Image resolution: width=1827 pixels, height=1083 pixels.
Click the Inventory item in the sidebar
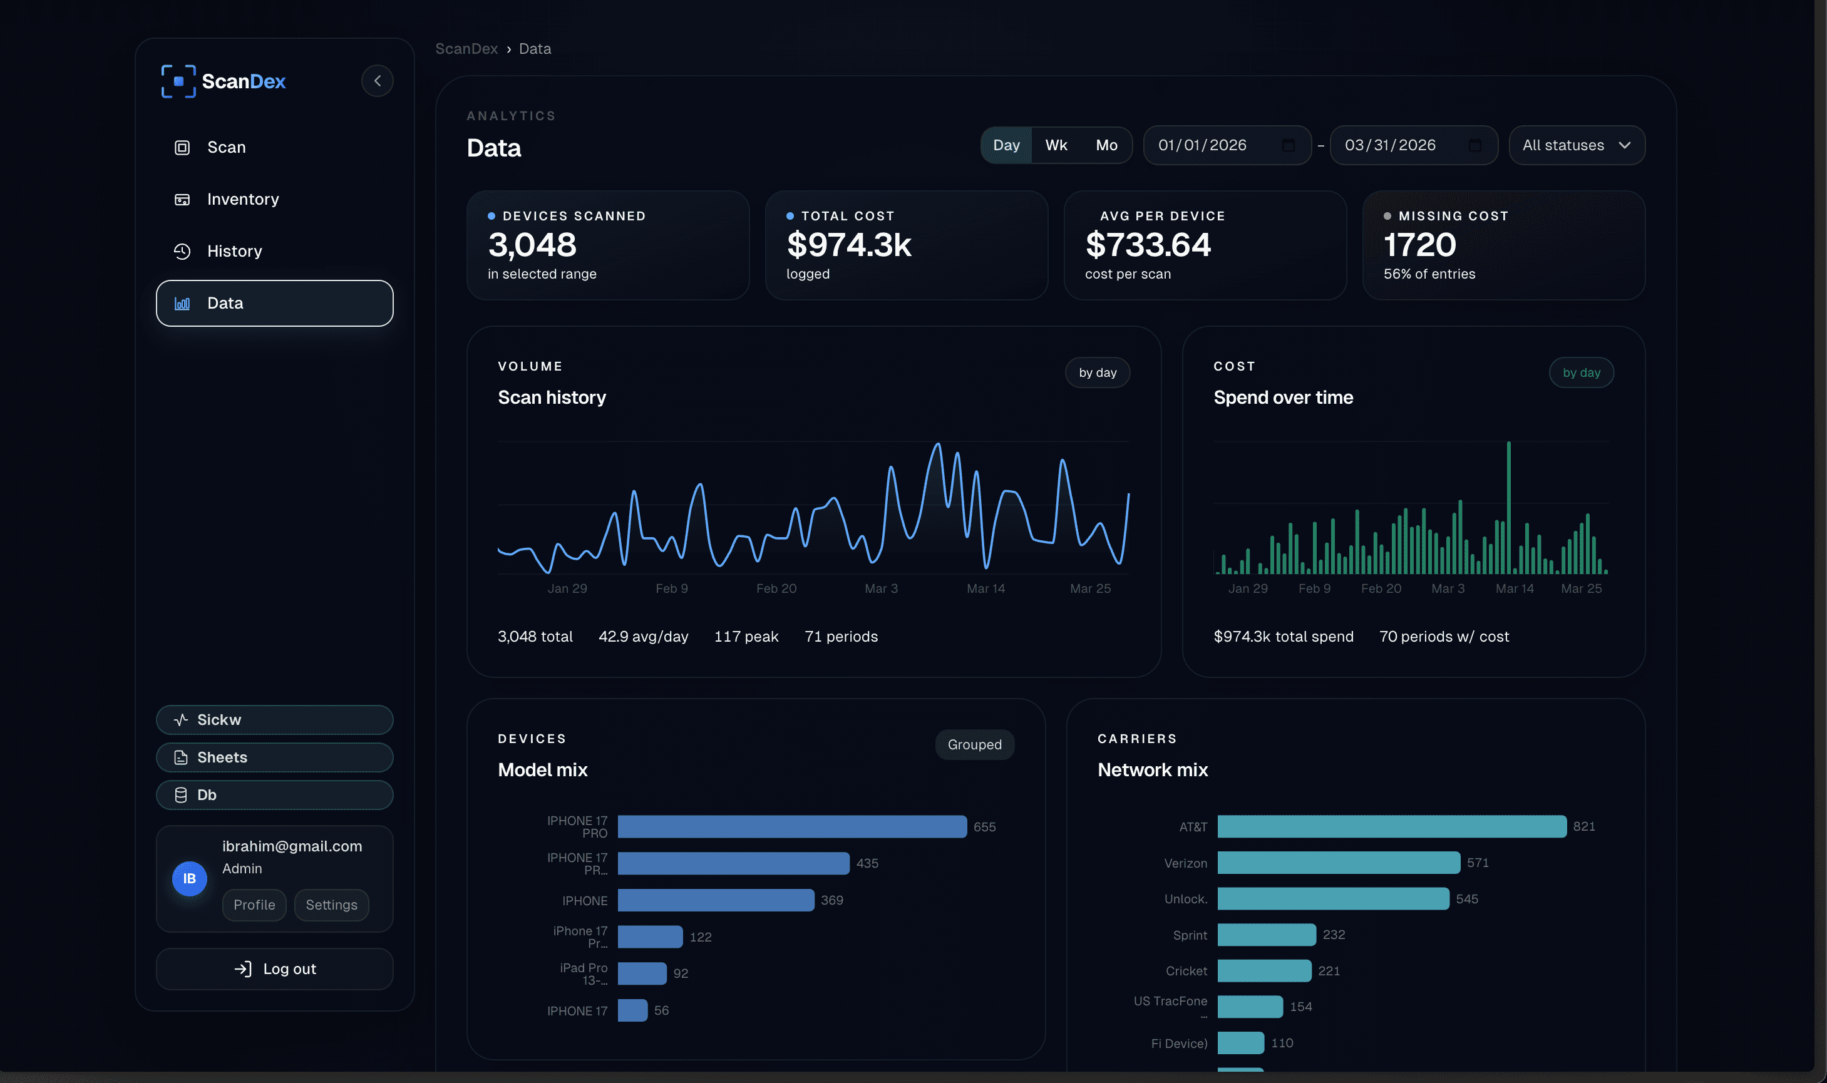[x=242, y=199]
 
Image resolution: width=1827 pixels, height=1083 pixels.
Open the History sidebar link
[x=234, y=251]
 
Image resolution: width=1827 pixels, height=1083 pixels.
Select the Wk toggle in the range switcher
[x=1056, y=145]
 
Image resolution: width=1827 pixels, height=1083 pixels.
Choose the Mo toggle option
[x=1106, y=145]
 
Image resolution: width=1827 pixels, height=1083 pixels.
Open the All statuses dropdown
[x=1576, y=145]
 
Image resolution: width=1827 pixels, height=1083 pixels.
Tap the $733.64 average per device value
[x=1148, y=245]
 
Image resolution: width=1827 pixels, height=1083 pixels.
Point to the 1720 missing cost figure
[x=1419, y=245]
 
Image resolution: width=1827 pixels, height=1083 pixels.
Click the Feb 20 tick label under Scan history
[x=776, y=588]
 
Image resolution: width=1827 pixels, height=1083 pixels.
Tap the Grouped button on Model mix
[x=974, y=744]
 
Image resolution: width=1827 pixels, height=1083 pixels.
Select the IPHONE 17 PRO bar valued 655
[x=791, y=827]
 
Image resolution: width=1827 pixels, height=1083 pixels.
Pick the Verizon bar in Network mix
[x=1338, y=863]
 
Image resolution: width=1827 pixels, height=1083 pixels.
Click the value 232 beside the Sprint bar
[x=1333, y=935]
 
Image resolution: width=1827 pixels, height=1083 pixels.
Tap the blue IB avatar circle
[x=189, y=879]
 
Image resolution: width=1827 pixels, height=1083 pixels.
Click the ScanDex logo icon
[x=178, y=81]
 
